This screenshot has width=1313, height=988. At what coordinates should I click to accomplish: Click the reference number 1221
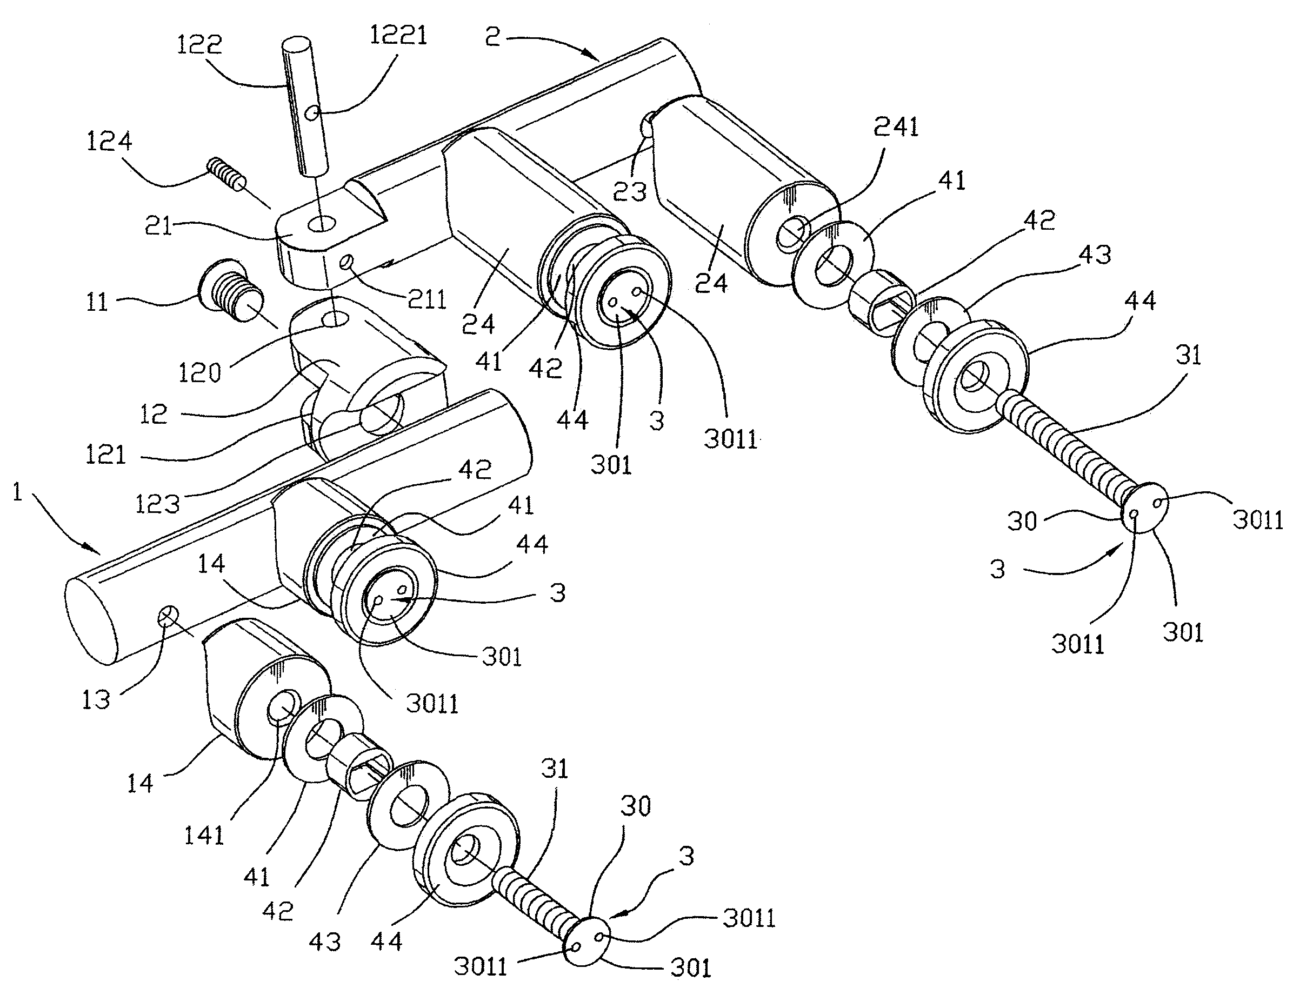click(398, 36)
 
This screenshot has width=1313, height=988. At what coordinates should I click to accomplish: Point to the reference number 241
click(895, 127)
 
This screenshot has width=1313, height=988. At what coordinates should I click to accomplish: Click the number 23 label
click(629, 192)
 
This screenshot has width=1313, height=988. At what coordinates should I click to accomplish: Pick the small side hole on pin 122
click(312, 111)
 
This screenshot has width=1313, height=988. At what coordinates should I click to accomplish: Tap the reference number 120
click(199, 372)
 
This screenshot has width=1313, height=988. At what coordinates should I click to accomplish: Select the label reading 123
click(157, 504)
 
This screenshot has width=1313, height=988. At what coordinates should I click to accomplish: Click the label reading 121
click(105, 455)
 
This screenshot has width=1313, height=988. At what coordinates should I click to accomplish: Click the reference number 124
click(109, 141)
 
